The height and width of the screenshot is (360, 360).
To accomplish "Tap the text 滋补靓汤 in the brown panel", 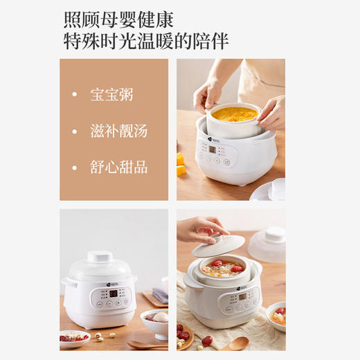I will [118, 131].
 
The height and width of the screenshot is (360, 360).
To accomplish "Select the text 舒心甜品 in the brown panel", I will [118, 167].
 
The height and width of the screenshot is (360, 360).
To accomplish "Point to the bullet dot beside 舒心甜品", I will [75, 167].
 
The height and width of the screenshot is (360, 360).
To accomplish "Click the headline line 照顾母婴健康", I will [118, 19].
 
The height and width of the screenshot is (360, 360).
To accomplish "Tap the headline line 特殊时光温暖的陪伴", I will [145, 42].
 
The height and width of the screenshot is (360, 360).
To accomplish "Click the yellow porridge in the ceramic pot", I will [235, 114].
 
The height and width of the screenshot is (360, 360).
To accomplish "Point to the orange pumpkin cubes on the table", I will [180, 164].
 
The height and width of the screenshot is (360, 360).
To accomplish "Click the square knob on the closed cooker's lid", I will [100, 256].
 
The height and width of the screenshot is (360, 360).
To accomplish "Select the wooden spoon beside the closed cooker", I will [145, 344].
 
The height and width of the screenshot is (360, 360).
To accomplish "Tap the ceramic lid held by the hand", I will [218, 244].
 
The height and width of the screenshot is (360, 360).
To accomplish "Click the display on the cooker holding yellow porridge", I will [210, 148].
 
